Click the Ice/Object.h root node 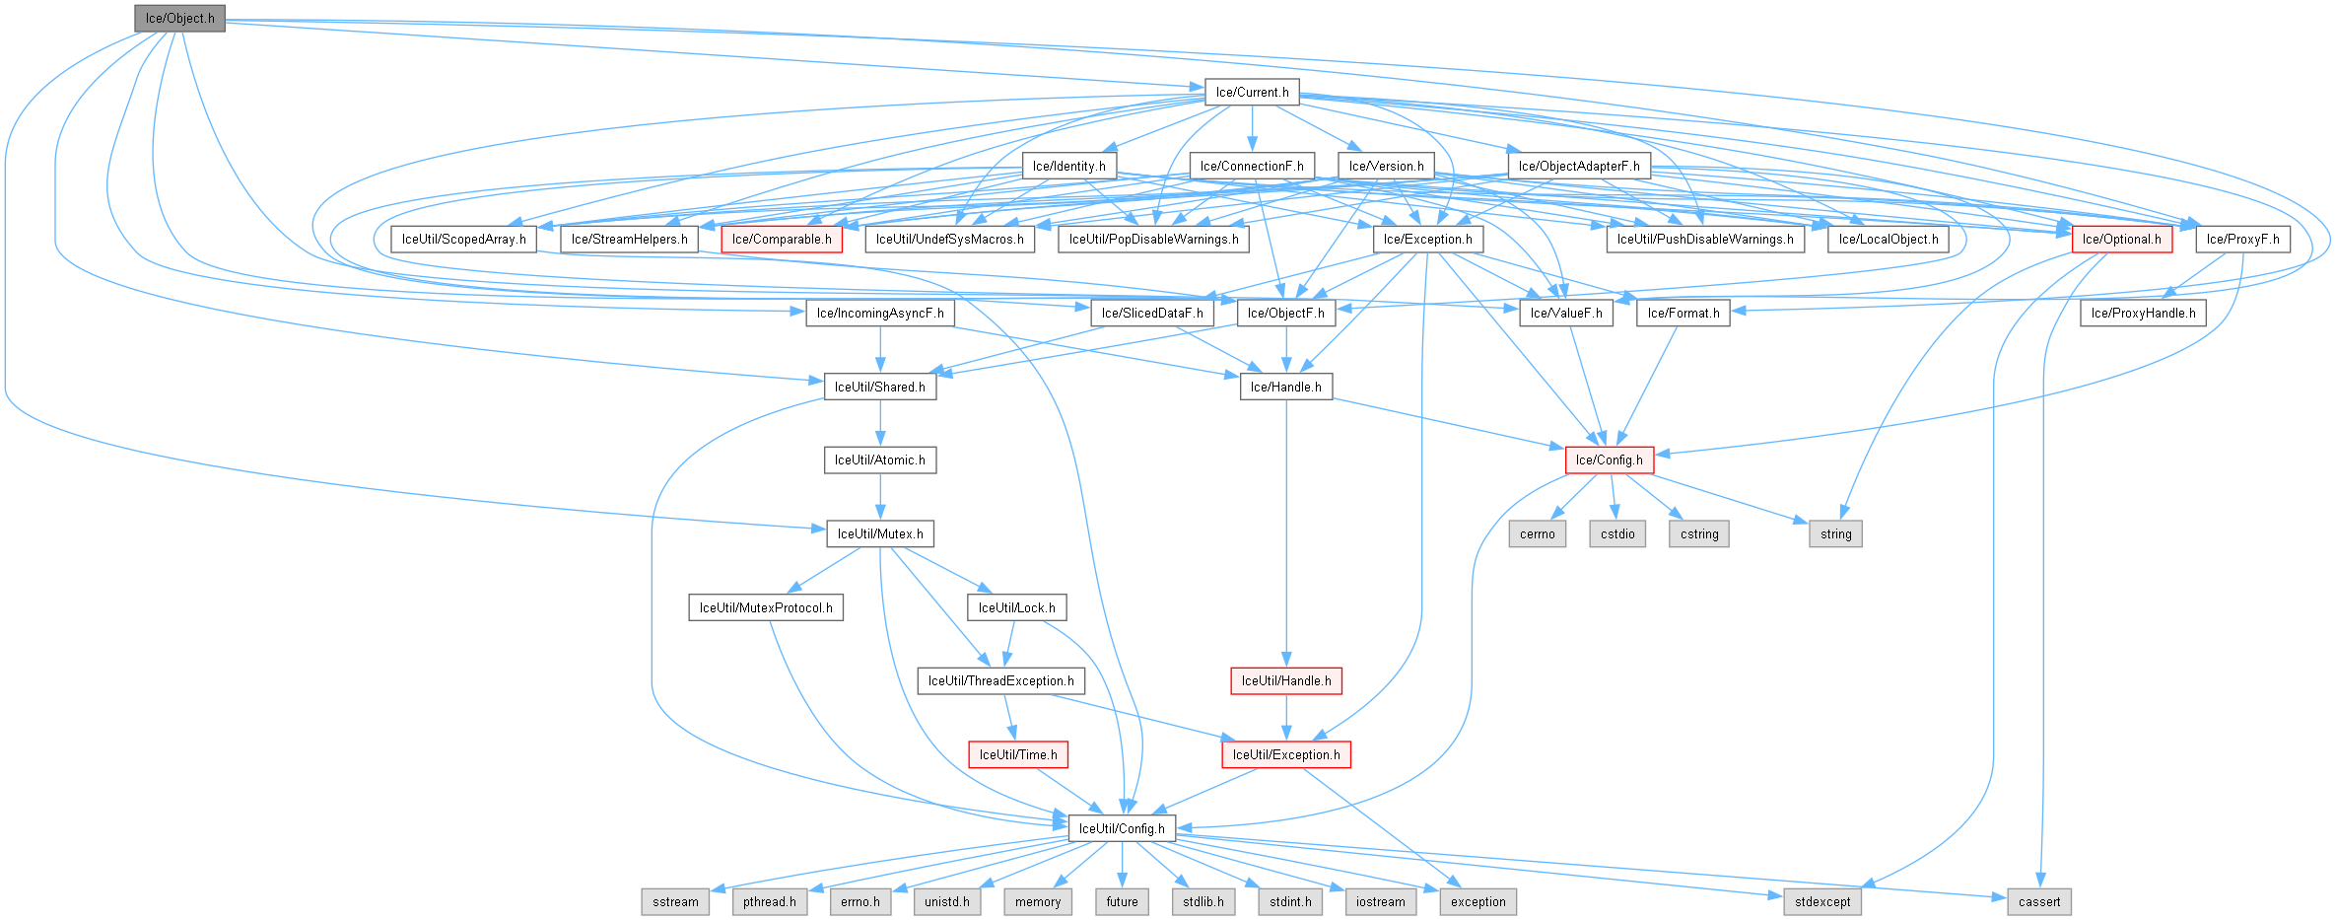[x=179, y=19]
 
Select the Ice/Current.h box [x=1252, y=93]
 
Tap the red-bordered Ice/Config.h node [x=1609, y=460]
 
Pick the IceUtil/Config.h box [x=1122, y=829]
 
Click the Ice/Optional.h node [x=2121, y=240]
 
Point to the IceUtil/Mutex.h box [x=880, y=534]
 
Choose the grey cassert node [x=2038, y=902]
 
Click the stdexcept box [x=1822, y=902]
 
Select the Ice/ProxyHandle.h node [x=2143, y=314]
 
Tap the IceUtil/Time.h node [x=1018, y=755]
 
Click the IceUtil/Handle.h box [x=1285, y=681]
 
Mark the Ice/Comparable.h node [x=782, y=240]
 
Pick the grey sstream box [x=675, y=902]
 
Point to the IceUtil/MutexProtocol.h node [x=766, y=608]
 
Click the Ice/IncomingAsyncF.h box [x=880, y=314]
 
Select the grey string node [x=1835, y=534]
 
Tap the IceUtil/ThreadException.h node [x=1000, y=681]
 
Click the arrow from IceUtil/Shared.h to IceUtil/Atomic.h [x=880, y=424]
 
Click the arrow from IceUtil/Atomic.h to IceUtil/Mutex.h [x=880, y=498]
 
